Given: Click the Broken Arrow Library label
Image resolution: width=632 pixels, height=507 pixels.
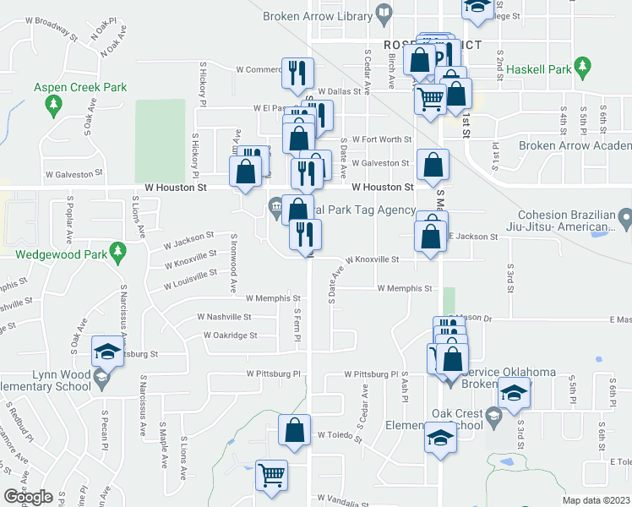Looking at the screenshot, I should [x=316, y=15].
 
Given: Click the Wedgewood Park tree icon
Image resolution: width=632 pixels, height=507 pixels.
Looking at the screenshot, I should [x=119, y=251].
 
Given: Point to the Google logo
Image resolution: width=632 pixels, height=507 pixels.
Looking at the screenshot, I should [x=28, y=497].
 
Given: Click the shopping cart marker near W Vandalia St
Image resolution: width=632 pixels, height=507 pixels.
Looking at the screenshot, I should [x=271, y=475].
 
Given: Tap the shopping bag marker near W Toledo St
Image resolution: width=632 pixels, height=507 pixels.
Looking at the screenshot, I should [x=293, y=429].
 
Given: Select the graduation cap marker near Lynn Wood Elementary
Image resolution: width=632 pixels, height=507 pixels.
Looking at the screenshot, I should [x=107, y=352].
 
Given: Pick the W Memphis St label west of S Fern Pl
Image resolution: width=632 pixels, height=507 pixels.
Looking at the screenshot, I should [x=273, y=298].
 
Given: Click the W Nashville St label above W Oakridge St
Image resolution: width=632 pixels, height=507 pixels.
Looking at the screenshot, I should [x=224, y=317].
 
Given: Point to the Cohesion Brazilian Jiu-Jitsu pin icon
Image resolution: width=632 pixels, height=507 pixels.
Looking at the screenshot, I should [x=625, y=220].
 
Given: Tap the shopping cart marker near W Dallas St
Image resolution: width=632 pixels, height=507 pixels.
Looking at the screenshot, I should [x=430, y=98].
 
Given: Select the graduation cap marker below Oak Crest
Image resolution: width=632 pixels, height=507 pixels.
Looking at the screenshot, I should [x=439, y=439].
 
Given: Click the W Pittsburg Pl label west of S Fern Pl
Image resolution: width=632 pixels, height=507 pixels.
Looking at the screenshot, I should [x=274, y=373].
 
